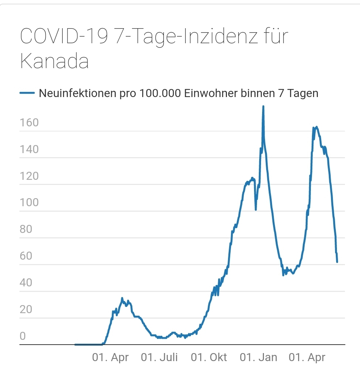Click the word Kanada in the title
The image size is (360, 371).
54,61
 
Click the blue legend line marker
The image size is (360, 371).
27,93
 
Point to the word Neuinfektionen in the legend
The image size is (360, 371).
77,93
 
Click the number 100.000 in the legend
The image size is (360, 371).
160,93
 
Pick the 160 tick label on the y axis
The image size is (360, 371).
29,123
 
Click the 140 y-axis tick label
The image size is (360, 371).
29,149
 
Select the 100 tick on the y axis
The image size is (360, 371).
29,203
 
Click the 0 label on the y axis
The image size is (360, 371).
23,336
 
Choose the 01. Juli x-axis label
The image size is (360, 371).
159,357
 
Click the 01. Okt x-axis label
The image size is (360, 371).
209,357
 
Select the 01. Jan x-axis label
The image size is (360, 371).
258,357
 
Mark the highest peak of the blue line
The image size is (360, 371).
263,107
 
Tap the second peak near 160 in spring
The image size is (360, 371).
316,127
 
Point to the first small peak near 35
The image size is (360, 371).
122,298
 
